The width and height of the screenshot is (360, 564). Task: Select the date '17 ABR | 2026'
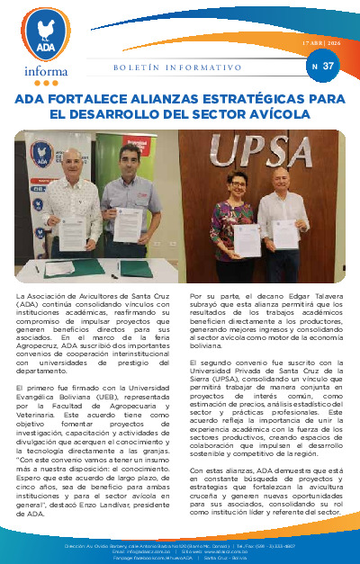tap(322, 44)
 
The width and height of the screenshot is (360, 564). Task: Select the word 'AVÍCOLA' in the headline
tap(278, 115)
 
